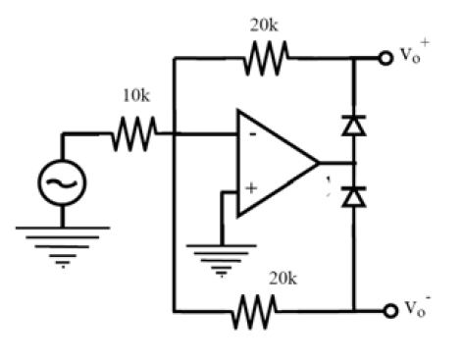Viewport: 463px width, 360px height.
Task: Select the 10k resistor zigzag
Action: tap(132, 133)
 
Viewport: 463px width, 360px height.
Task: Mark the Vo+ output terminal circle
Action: tap(386, 58)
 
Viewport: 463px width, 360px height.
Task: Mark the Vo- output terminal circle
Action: tap(386, 313)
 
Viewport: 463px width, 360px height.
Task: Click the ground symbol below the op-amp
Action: tap(222, 258)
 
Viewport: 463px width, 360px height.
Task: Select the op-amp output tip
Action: tap(319, 161)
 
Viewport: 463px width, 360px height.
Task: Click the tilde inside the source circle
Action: tap(61, 180)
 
